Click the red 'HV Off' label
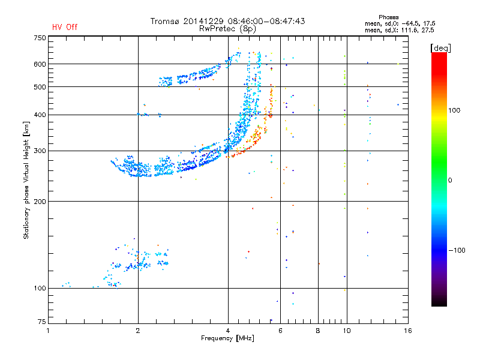[x=65, y=27]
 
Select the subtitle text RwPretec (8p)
[x=227, y=29]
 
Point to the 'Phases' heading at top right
[x=388, y=17]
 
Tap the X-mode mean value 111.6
[x=409, y=30]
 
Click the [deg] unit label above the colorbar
[x=440, y=48]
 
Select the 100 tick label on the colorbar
[x=454, y=110]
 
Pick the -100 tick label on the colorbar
[x=457, y=250]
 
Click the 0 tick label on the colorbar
[x=450, y=180]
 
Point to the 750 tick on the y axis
[x=40, y=38]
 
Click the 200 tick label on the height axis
[x=40, y=202]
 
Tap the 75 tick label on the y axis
[x=42, y=322]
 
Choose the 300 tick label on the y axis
[x=40, y=151]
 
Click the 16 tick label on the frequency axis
[x=408, y=331]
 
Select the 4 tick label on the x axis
[x=228, y=331]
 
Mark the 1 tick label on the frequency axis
[x=48, y=331]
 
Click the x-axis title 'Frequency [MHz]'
[x=227, y=338]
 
